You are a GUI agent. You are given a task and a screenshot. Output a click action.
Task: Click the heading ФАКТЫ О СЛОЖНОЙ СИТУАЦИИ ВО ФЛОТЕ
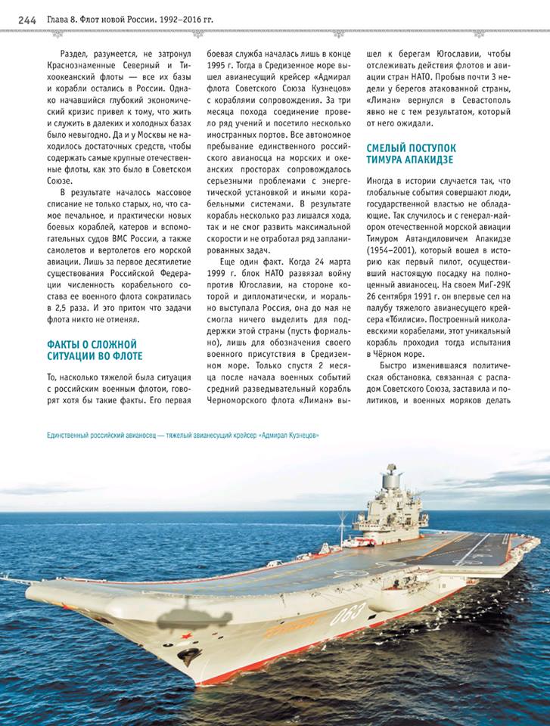(94, 349)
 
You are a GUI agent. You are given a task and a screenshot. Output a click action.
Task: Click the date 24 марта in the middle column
(316, 260)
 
